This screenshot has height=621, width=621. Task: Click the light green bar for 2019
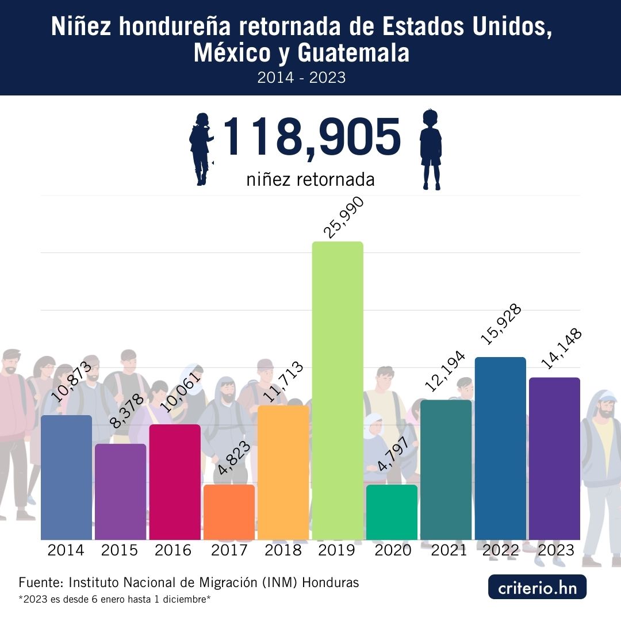click(338, 391)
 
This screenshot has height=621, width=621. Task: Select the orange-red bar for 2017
click(229, 512)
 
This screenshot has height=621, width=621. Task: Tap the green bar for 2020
click(392, 512)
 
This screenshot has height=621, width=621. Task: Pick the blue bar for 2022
click(500, 448)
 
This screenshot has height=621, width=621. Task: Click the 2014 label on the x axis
click(66, 550)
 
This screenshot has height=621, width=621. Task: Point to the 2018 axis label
click(283, 550)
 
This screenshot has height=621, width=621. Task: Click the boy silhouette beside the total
click(431, 149)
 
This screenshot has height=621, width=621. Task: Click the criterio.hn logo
click(537, 588)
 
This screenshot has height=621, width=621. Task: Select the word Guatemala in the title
click(353, 53)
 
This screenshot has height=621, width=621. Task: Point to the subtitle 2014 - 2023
click(301, 78)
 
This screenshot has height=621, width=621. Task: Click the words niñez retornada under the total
click(310, 179)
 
